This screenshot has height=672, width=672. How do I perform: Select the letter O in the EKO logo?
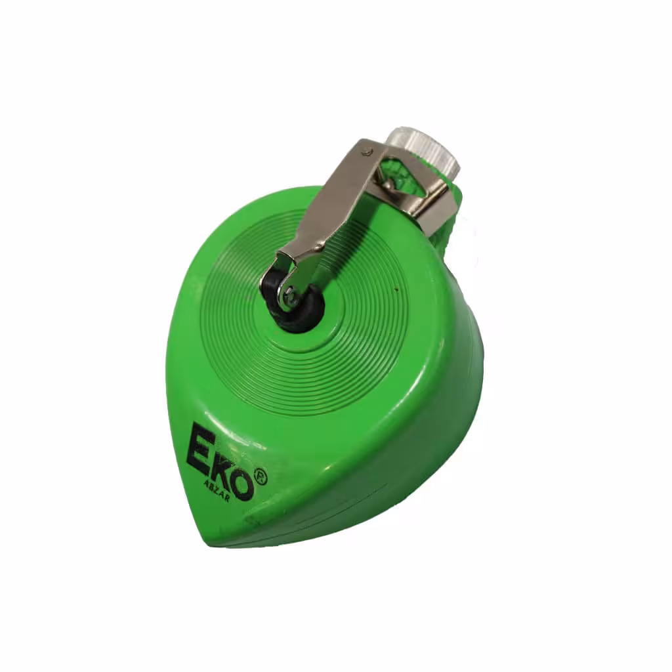(x=239, y=482)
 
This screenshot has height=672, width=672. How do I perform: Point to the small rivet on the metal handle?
(x=365, y=151)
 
